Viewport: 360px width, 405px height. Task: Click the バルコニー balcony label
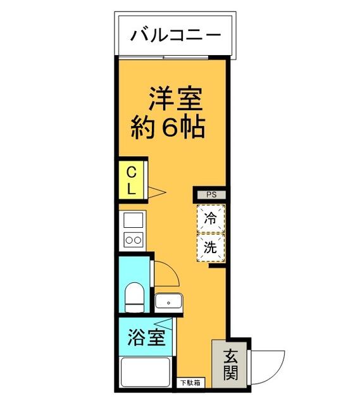176,35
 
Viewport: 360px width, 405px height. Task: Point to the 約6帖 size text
168,128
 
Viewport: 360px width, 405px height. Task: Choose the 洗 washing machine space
210,247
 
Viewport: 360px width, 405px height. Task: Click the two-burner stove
133,240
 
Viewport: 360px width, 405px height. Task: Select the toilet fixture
134,297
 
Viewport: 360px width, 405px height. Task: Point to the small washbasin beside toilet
169,302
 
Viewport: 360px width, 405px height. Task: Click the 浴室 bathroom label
147,337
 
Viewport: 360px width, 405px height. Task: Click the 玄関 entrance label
230,365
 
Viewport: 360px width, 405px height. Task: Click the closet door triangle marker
156,192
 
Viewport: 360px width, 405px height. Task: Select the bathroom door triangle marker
171,323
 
